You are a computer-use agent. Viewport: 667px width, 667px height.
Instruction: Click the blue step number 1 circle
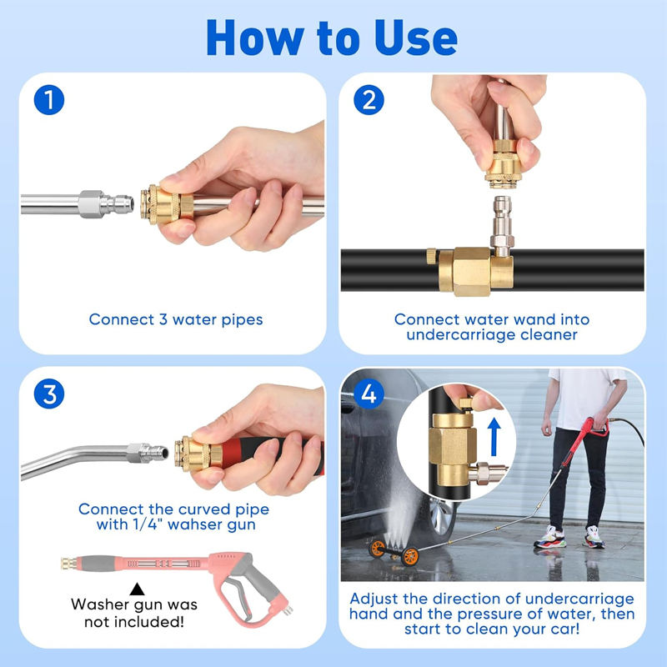coord(49,100)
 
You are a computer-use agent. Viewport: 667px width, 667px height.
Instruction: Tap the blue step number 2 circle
coord(369,100)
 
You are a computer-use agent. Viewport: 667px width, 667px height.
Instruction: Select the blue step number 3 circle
coord(49,394)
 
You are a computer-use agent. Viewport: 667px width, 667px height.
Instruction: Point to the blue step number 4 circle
coord(369,394)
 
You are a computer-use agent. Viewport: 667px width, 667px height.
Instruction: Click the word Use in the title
coord(415,38)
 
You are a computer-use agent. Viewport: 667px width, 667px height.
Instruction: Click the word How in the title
coord(255,38)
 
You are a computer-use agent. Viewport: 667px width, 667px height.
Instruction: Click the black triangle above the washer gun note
coord(137,589)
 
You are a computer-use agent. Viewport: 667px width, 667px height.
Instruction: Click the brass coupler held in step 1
coord(166,204)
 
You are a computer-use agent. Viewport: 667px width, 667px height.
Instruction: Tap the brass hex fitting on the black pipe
coord(471,273)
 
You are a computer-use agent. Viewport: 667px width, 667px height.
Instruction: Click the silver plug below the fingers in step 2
coord(502,225)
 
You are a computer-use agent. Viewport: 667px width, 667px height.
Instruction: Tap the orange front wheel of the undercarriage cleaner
coord(409,557)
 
